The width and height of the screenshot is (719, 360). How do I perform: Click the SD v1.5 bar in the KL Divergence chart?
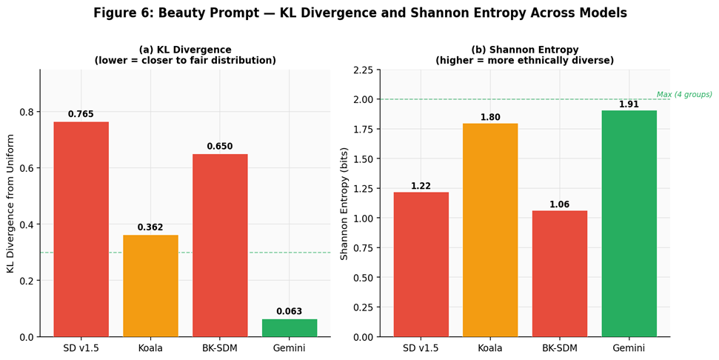pos(81,230)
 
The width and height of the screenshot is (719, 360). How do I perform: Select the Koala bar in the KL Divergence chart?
pos(150,286)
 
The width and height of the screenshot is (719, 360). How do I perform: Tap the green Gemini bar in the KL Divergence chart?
pos(289,328)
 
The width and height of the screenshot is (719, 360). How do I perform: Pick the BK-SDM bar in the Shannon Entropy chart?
pos(559,274)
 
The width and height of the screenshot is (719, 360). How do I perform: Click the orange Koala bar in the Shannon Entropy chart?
pos(489,230)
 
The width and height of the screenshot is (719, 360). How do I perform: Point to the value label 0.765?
pos(81,114)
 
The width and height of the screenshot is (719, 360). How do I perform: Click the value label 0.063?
pos(289,311)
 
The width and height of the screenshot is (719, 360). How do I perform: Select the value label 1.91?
pos(629,104)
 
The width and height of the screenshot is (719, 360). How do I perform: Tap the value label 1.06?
pos(559,204)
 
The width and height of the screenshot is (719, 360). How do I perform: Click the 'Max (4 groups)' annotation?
pos(683,95)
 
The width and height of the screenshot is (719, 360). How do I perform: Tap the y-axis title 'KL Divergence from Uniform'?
pos(10,204)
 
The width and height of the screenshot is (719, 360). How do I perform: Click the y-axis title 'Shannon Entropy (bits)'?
pos(344,204)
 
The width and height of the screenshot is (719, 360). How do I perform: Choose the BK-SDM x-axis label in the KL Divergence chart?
pos(220,348)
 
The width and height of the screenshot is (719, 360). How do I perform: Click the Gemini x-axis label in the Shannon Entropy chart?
pos(629,348)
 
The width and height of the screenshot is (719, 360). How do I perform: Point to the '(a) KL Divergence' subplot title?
pos(185,50)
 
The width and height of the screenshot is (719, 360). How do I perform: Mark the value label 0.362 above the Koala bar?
pos(150,227)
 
